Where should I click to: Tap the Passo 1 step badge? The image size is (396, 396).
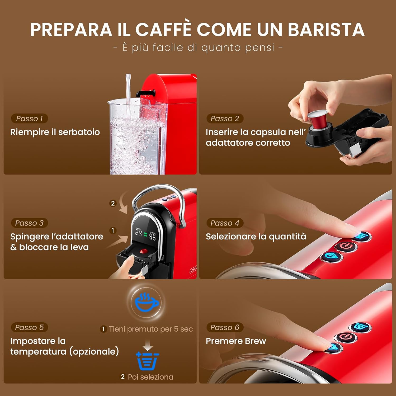point(29,119)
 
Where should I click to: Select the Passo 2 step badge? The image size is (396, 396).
point(225,119)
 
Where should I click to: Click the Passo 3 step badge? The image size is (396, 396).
point(29,223)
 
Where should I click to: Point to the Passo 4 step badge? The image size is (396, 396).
point(225,223)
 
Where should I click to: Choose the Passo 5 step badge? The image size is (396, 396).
point(29,327)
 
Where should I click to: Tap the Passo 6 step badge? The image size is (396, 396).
point(225,327)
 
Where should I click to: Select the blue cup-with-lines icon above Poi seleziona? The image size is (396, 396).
point(147,361)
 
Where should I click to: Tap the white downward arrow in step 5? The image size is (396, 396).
point(148,345)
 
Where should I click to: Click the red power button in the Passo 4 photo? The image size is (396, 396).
point(346,246)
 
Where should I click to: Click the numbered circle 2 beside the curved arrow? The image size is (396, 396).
point(113,203)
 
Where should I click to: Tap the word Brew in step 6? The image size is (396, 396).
point(255,341)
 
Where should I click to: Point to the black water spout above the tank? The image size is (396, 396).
point(145,93)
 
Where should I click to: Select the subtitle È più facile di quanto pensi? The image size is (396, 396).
point(198,48)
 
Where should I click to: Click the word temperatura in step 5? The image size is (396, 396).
point(39,352)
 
